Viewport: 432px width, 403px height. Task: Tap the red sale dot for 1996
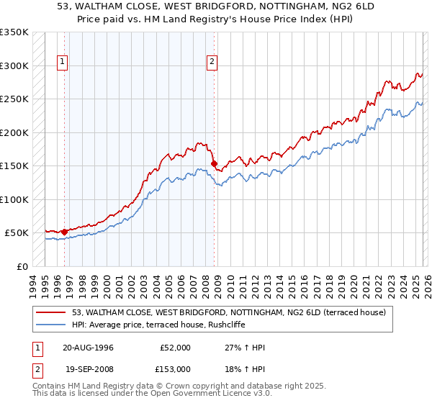(x=65, y=232)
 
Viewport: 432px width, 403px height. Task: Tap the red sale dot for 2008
(x=214, y=164)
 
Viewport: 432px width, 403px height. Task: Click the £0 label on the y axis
(x=22, y=266)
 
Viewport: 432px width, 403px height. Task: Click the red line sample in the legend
(x=51, y=312)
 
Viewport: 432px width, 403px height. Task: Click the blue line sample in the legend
(x=51, y=325)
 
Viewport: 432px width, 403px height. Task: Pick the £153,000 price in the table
(x=175, y=368)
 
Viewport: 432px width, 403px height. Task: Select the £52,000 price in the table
(x=175, y=348)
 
